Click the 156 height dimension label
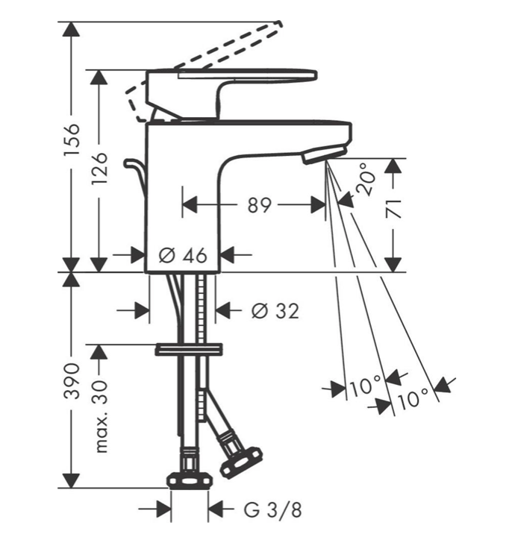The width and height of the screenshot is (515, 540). [x=72, y=139]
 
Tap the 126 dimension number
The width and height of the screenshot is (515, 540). [x=99, y=168]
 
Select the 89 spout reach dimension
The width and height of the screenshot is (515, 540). [x=259, y=205]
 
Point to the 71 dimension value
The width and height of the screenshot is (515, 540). [x=393, y=209]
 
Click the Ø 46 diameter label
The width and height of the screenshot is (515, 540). [x=183, y=255]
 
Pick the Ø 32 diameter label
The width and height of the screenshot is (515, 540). [x=275, y=310]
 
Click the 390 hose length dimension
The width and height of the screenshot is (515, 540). [x=72, y=380]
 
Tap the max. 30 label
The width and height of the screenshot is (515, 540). [x=100, y=416]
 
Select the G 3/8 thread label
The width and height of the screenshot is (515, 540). [x=272, y=509]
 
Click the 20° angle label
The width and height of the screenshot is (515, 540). [x=366, y=180]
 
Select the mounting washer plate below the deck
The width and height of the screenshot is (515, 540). [x=189, y=349]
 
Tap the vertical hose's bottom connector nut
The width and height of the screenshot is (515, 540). [x=190, y=480]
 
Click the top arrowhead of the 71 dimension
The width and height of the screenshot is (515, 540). [x=393, y=166]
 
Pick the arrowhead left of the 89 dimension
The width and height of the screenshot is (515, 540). [x=190, y=205]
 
